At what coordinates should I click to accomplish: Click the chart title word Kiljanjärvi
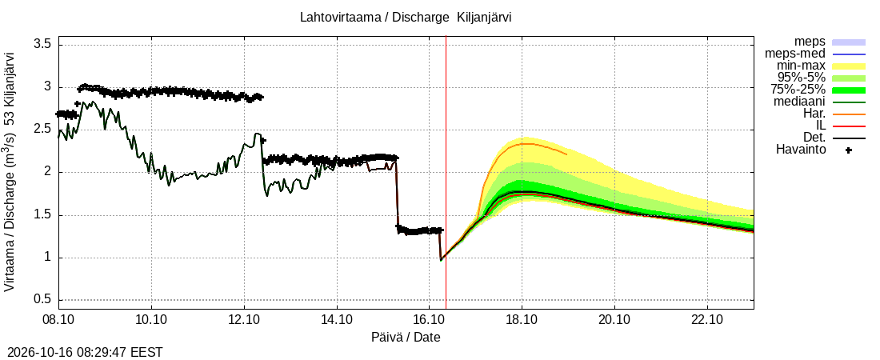coord(483,17)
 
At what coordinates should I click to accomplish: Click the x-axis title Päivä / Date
coord(406,337)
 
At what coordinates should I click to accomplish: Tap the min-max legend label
coord(801,66)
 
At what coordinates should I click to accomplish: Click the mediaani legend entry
coord(799,102)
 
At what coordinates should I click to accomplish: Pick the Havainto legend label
coord(800,150)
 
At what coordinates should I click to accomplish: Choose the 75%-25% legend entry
coord(801,90)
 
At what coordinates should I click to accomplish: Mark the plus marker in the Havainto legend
coord(849,150)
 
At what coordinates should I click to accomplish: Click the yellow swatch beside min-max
coord(849,66)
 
